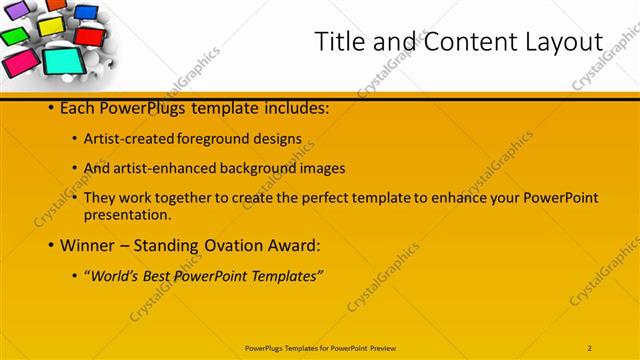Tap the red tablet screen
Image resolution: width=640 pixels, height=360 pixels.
90,36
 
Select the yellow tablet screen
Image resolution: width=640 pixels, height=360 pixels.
51,25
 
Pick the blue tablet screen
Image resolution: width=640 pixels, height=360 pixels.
87,13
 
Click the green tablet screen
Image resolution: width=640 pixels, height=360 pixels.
14,37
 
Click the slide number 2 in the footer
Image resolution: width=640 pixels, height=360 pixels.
590,347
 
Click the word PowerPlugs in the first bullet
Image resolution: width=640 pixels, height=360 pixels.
140,108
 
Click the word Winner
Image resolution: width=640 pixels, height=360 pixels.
91,245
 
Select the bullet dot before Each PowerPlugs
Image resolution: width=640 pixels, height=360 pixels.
51,108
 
